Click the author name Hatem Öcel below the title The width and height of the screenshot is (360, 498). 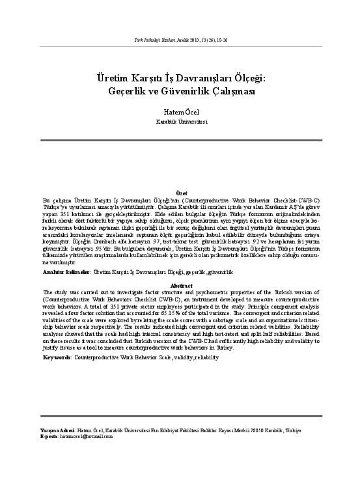pyautogui.click(x=180, y=112)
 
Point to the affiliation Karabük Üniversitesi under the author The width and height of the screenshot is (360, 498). pyautogui.click(x=180, y=121)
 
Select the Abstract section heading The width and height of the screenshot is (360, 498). pyautogui.click(x=181, y=286)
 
